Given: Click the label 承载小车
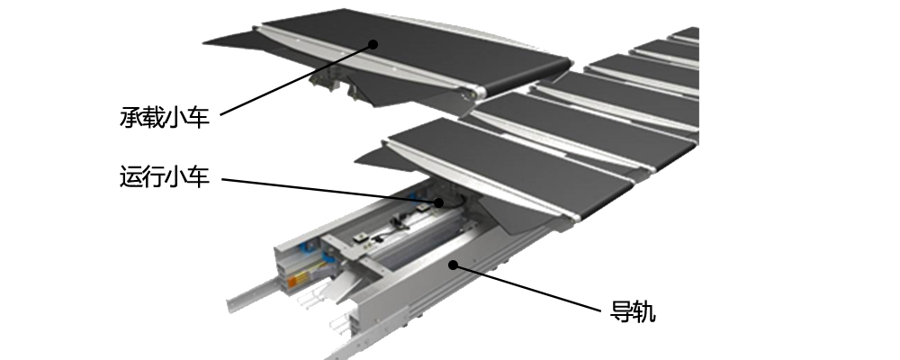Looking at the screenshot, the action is coord(165,117).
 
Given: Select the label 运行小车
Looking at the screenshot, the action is coord(165,176).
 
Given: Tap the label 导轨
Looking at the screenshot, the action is coord(633,311).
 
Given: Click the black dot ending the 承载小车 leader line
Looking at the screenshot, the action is coord(373,44).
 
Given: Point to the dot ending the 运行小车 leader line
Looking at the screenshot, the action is coord(438,202).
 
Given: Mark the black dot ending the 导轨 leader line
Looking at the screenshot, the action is coord(453,265).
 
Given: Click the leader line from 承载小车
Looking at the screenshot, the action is coord(297,79).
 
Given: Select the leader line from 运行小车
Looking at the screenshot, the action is coord(330,191).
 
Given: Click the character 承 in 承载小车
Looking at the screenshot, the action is coord(130,117).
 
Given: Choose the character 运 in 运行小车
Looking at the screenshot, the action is coord(130,176).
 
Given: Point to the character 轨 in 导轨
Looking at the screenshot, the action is coord(644,311).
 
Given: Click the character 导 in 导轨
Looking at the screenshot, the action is coord(621,311).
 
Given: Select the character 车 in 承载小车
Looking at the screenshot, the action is coord(199,117).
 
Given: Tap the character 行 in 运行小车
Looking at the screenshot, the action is coord(153,176).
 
